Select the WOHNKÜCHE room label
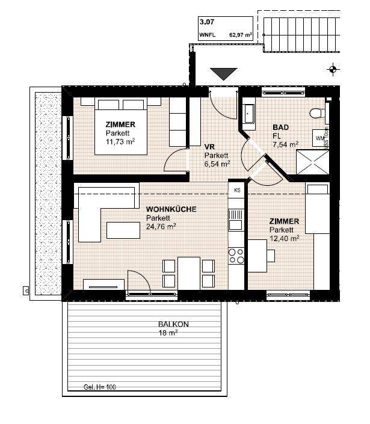tap(171, 209)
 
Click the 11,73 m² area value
tap(120, 141)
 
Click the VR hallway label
tap(209, 146)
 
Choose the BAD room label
tap(280, 128)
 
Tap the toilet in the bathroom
tap(318, 112)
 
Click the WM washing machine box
tap(319, 138)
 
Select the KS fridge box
tap(237, 190)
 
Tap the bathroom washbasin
tap(249, 112)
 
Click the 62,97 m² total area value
tap(239, 35)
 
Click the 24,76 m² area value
tap(161, 226)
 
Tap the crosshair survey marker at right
tap(331, 70)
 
